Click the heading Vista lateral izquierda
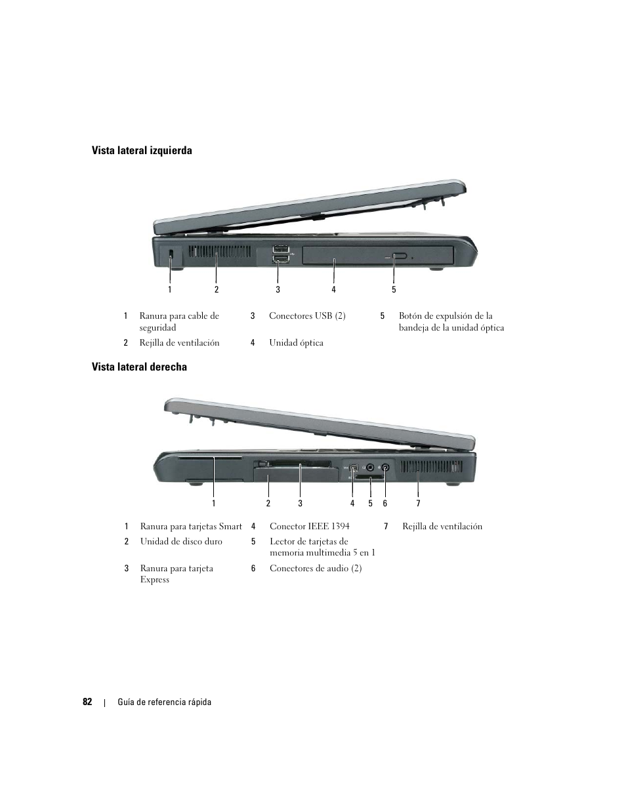(141, 151)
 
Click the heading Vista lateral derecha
(138, 367)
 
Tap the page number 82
(87, 702)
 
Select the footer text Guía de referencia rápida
(164, 702)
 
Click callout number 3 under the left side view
(278, 289)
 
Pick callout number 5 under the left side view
(394, 289)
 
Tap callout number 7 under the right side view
(418, 503)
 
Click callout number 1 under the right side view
(213, 503)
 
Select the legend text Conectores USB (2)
(307, 316)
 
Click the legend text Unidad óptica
(296, 343)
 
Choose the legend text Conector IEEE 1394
(309, 527)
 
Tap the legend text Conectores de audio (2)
(316, 569)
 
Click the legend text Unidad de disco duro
(181, 542)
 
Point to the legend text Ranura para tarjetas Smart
(191, 527)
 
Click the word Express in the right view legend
(155, 580)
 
